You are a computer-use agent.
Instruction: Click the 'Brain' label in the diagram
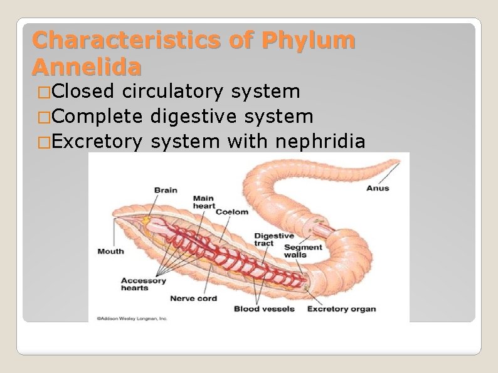166,190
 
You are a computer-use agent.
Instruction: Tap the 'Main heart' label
204,202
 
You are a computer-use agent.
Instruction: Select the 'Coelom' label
232,212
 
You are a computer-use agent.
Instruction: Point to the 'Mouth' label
111,251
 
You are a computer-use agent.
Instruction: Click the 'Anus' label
378,188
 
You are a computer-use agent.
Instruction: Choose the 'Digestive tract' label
273,239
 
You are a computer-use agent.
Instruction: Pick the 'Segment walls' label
304,251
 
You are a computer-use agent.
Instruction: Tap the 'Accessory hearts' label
144,284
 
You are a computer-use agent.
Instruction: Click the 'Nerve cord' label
193,298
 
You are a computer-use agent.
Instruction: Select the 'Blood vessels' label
264,308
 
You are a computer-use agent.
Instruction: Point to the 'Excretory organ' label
341,308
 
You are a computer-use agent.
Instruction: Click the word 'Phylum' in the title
309,40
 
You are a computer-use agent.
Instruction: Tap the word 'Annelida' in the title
87,66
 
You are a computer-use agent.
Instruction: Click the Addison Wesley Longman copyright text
132,318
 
